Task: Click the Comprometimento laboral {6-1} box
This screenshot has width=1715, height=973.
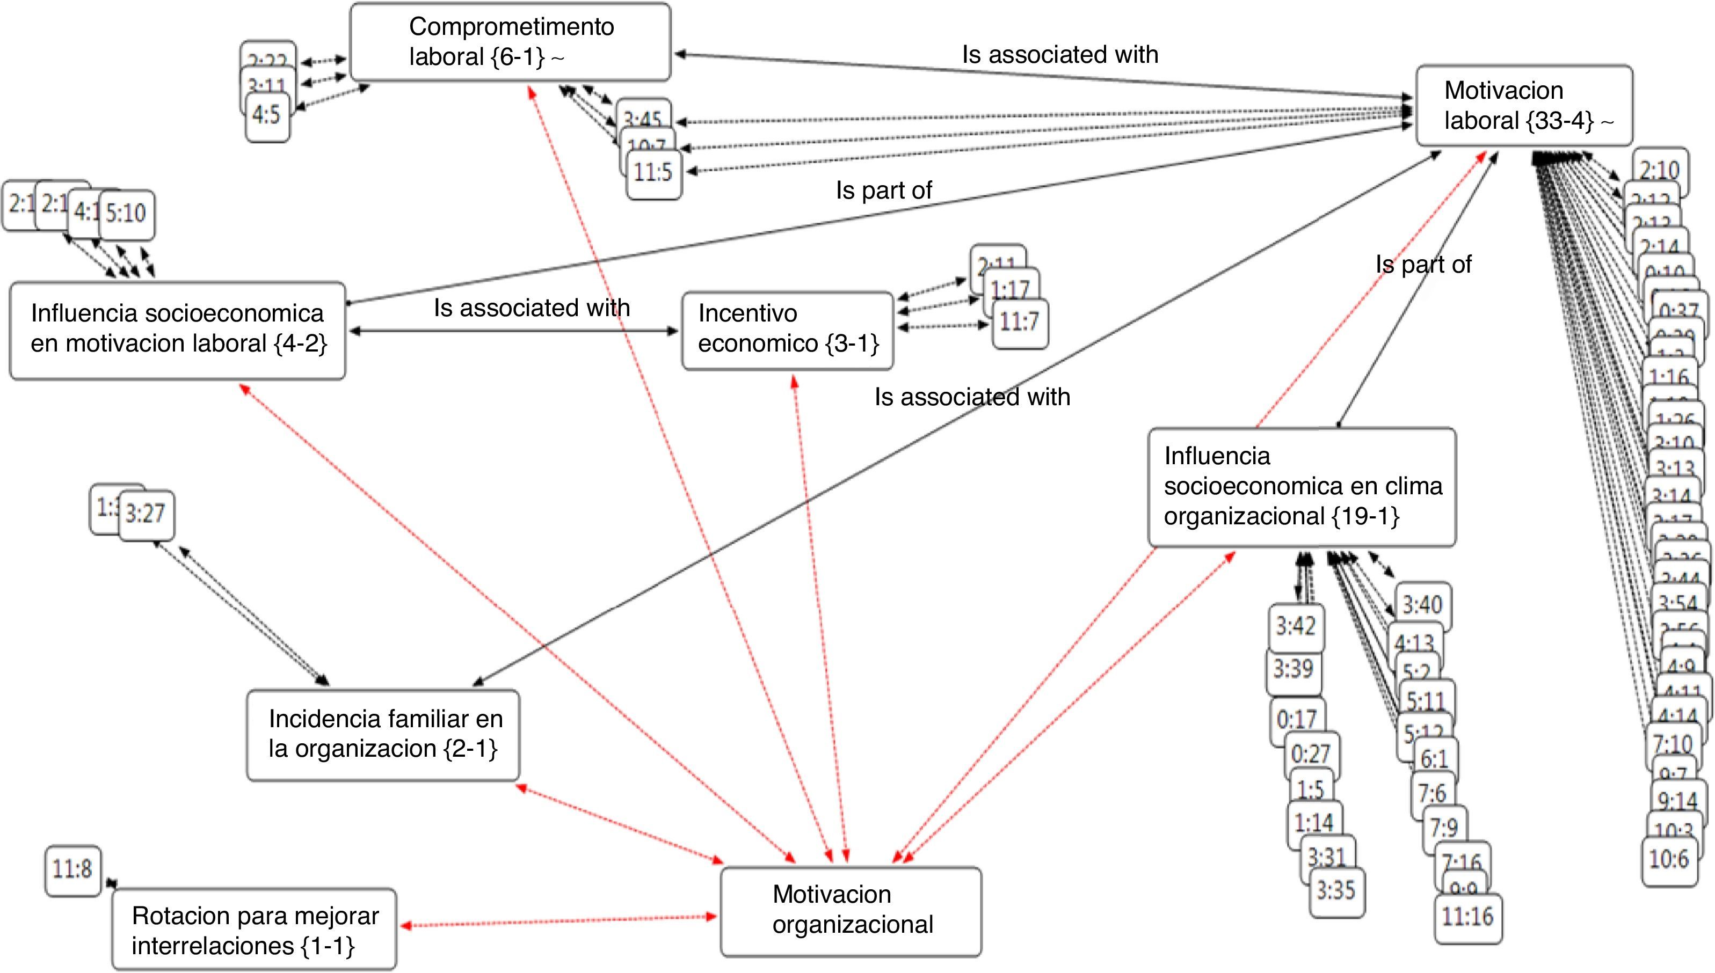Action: (510, 42)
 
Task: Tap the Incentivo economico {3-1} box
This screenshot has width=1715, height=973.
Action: (787, 330)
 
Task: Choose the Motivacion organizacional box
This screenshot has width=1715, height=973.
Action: (851, 911)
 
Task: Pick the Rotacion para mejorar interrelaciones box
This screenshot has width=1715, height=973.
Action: (254, 930)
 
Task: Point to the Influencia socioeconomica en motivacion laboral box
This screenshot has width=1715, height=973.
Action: (177, 330)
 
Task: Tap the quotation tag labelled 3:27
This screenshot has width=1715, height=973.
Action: (146, 515)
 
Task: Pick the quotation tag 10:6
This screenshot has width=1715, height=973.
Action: (1669, 859)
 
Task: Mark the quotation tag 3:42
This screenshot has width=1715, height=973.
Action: (1296, 627)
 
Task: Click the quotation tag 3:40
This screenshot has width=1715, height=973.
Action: (1423, 605)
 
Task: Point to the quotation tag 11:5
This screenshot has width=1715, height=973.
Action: (654, 173)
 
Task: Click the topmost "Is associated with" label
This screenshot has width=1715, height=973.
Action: (1060, 55)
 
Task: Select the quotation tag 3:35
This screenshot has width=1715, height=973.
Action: (1336, 891)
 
